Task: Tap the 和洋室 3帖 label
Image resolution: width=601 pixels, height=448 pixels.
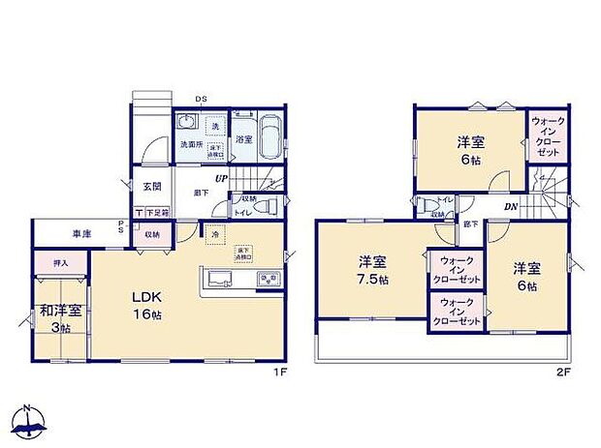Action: pyautogui.click(x=60, y=319)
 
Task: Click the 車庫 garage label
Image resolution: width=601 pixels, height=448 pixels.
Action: pyautogui.click(x=81, y=233)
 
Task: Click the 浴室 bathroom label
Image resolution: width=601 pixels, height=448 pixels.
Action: pyautogui.click(x=244, y=140)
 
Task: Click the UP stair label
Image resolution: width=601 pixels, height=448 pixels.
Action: pyautogui.click(x=222, y=179)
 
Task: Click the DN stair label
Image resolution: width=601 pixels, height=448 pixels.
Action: pyautogui.click(x=510, y=207)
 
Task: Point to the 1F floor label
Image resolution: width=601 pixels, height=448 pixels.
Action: pyautogui.click(x=276, y=370)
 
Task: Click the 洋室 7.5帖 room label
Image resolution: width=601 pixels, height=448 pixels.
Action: pyautogui.click(x=372, y=270)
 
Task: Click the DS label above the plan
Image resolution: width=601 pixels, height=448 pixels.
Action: pyautogui.click(x=202, y=99)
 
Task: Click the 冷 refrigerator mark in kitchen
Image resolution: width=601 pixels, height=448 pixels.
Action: pyautogui.click(x=211, y=233)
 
